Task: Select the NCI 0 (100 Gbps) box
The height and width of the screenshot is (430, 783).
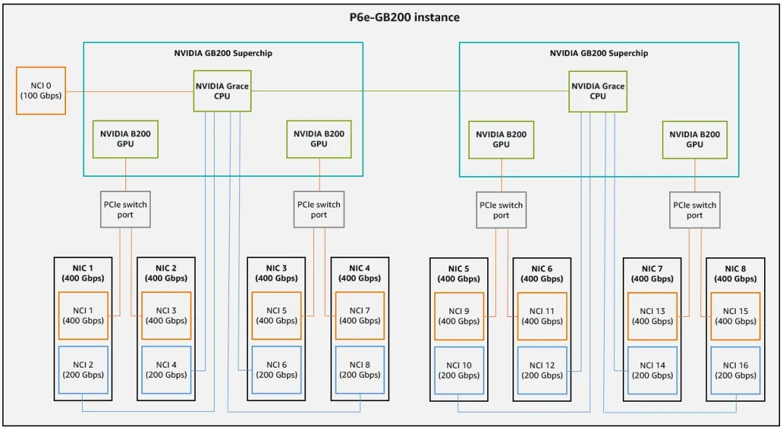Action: [41, 91]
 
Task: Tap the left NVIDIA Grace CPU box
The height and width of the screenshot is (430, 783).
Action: [222, 91]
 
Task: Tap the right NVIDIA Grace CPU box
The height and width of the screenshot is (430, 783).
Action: [597, 91]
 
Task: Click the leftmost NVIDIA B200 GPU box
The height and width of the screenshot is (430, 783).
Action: [125, 139]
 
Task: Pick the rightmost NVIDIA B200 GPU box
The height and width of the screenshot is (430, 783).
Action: [694, 139]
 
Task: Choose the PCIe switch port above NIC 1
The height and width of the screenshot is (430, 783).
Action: [125, 210]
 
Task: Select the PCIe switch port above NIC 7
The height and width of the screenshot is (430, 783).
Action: [694, 210]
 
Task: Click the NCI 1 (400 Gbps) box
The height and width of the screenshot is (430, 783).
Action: [83, 315]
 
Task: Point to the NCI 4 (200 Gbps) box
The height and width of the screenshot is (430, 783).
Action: [166, 370]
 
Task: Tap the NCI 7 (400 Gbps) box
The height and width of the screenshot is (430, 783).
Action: [360, 315]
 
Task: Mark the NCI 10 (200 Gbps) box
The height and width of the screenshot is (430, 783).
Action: [458, 370]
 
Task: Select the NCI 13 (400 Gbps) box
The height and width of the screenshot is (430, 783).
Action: [652, 315]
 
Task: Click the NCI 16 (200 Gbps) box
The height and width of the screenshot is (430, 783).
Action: [735, 370]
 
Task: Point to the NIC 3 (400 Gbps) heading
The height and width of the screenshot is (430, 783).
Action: [276, 273]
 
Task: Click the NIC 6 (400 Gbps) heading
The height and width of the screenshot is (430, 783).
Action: [542, 273]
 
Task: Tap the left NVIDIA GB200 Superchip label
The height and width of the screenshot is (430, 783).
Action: [223, 53]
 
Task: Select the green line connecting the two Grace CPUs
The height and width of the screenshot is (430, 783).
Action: [410, 91]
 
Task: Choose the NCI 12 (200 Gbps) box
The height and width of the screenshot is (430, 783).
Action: [542, 370]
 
